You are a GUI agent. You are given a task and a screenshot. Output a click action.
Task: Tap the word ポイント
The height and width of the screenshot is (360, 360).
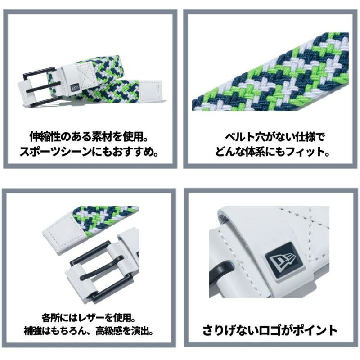click(314, 331)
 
